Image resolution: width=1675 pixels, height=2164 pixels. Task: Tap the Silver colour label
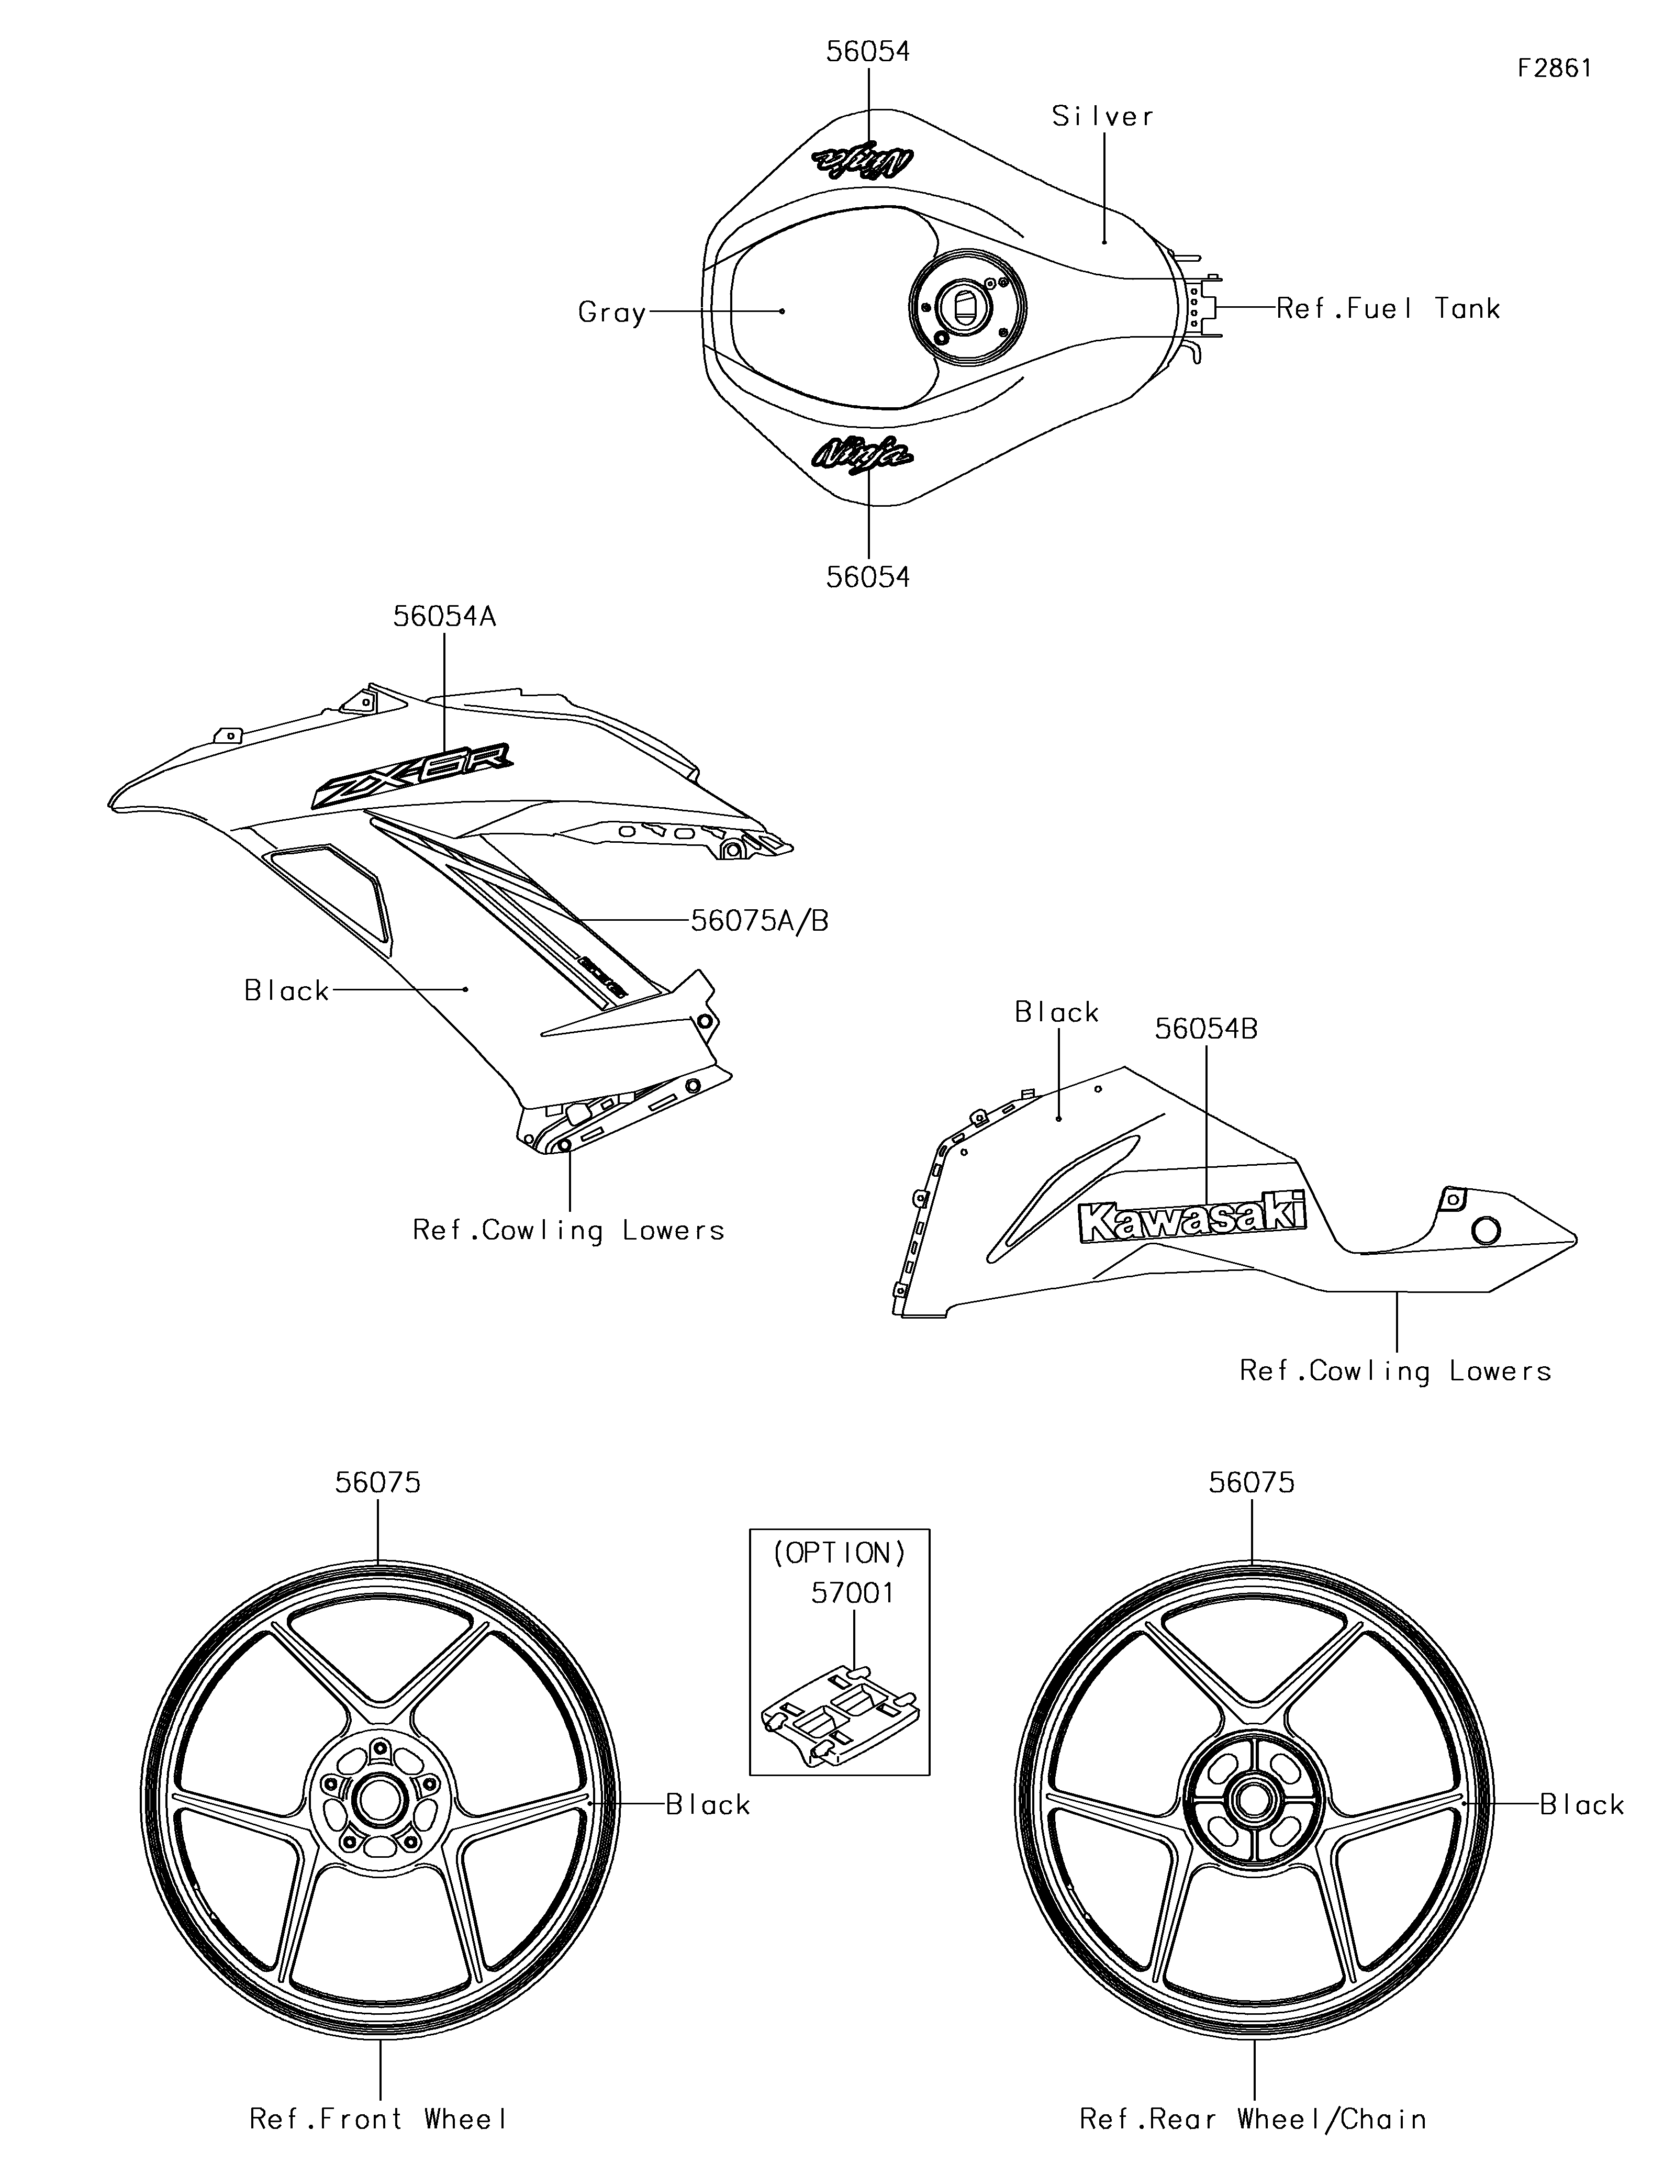(x=1102, y=117)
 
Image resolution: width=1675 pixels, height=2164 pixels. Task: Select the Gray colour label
(x=612, y=313)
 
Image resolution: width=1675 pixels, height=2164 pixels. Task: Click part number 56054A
(x=444, y=616)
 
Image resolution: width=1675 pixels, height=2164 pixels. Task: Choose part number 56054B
(x=1205, y=1029)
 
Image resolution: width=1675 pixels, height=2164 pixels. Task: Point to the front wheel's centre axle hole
(x=381, y=1800)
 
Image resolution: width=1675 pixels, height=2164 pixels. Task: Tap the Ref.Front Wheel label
(x=378, y=2120)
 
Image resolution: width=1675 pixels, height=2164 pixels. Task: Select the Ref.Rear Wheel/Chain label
(x=1253, y=2120)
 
